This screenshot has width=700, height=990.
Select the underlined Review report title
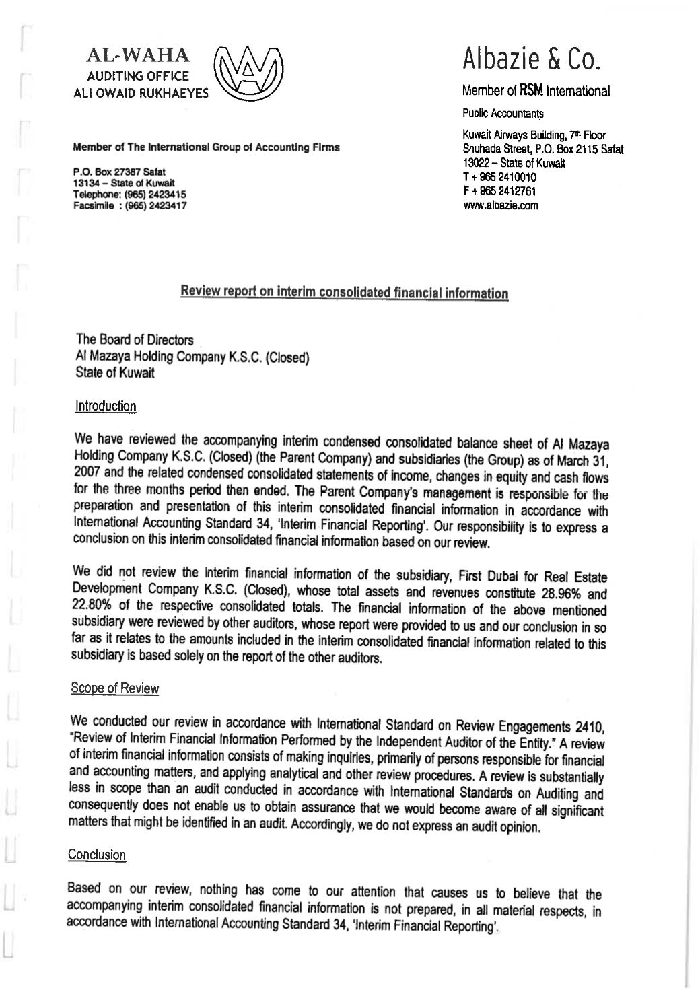click(x=344, y=292)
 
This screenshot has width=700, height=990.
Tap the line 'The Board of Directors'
click(x=135, y=340)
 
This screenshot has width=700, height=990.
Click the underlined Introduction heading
click(x=106, y=406)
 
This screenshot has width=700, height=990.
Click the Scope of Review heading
click(x=115, y=688)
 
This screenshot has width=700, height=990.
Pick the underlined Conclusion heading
click(x=97, y=855)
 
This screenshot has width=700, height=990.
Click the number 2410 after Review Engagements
click(x=590, y=727)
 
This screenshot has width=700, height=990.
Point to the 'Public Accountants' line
click(x=503, y=114)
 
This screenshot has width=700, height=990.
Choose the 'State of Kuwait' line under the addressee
click(x=115, y=373)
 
